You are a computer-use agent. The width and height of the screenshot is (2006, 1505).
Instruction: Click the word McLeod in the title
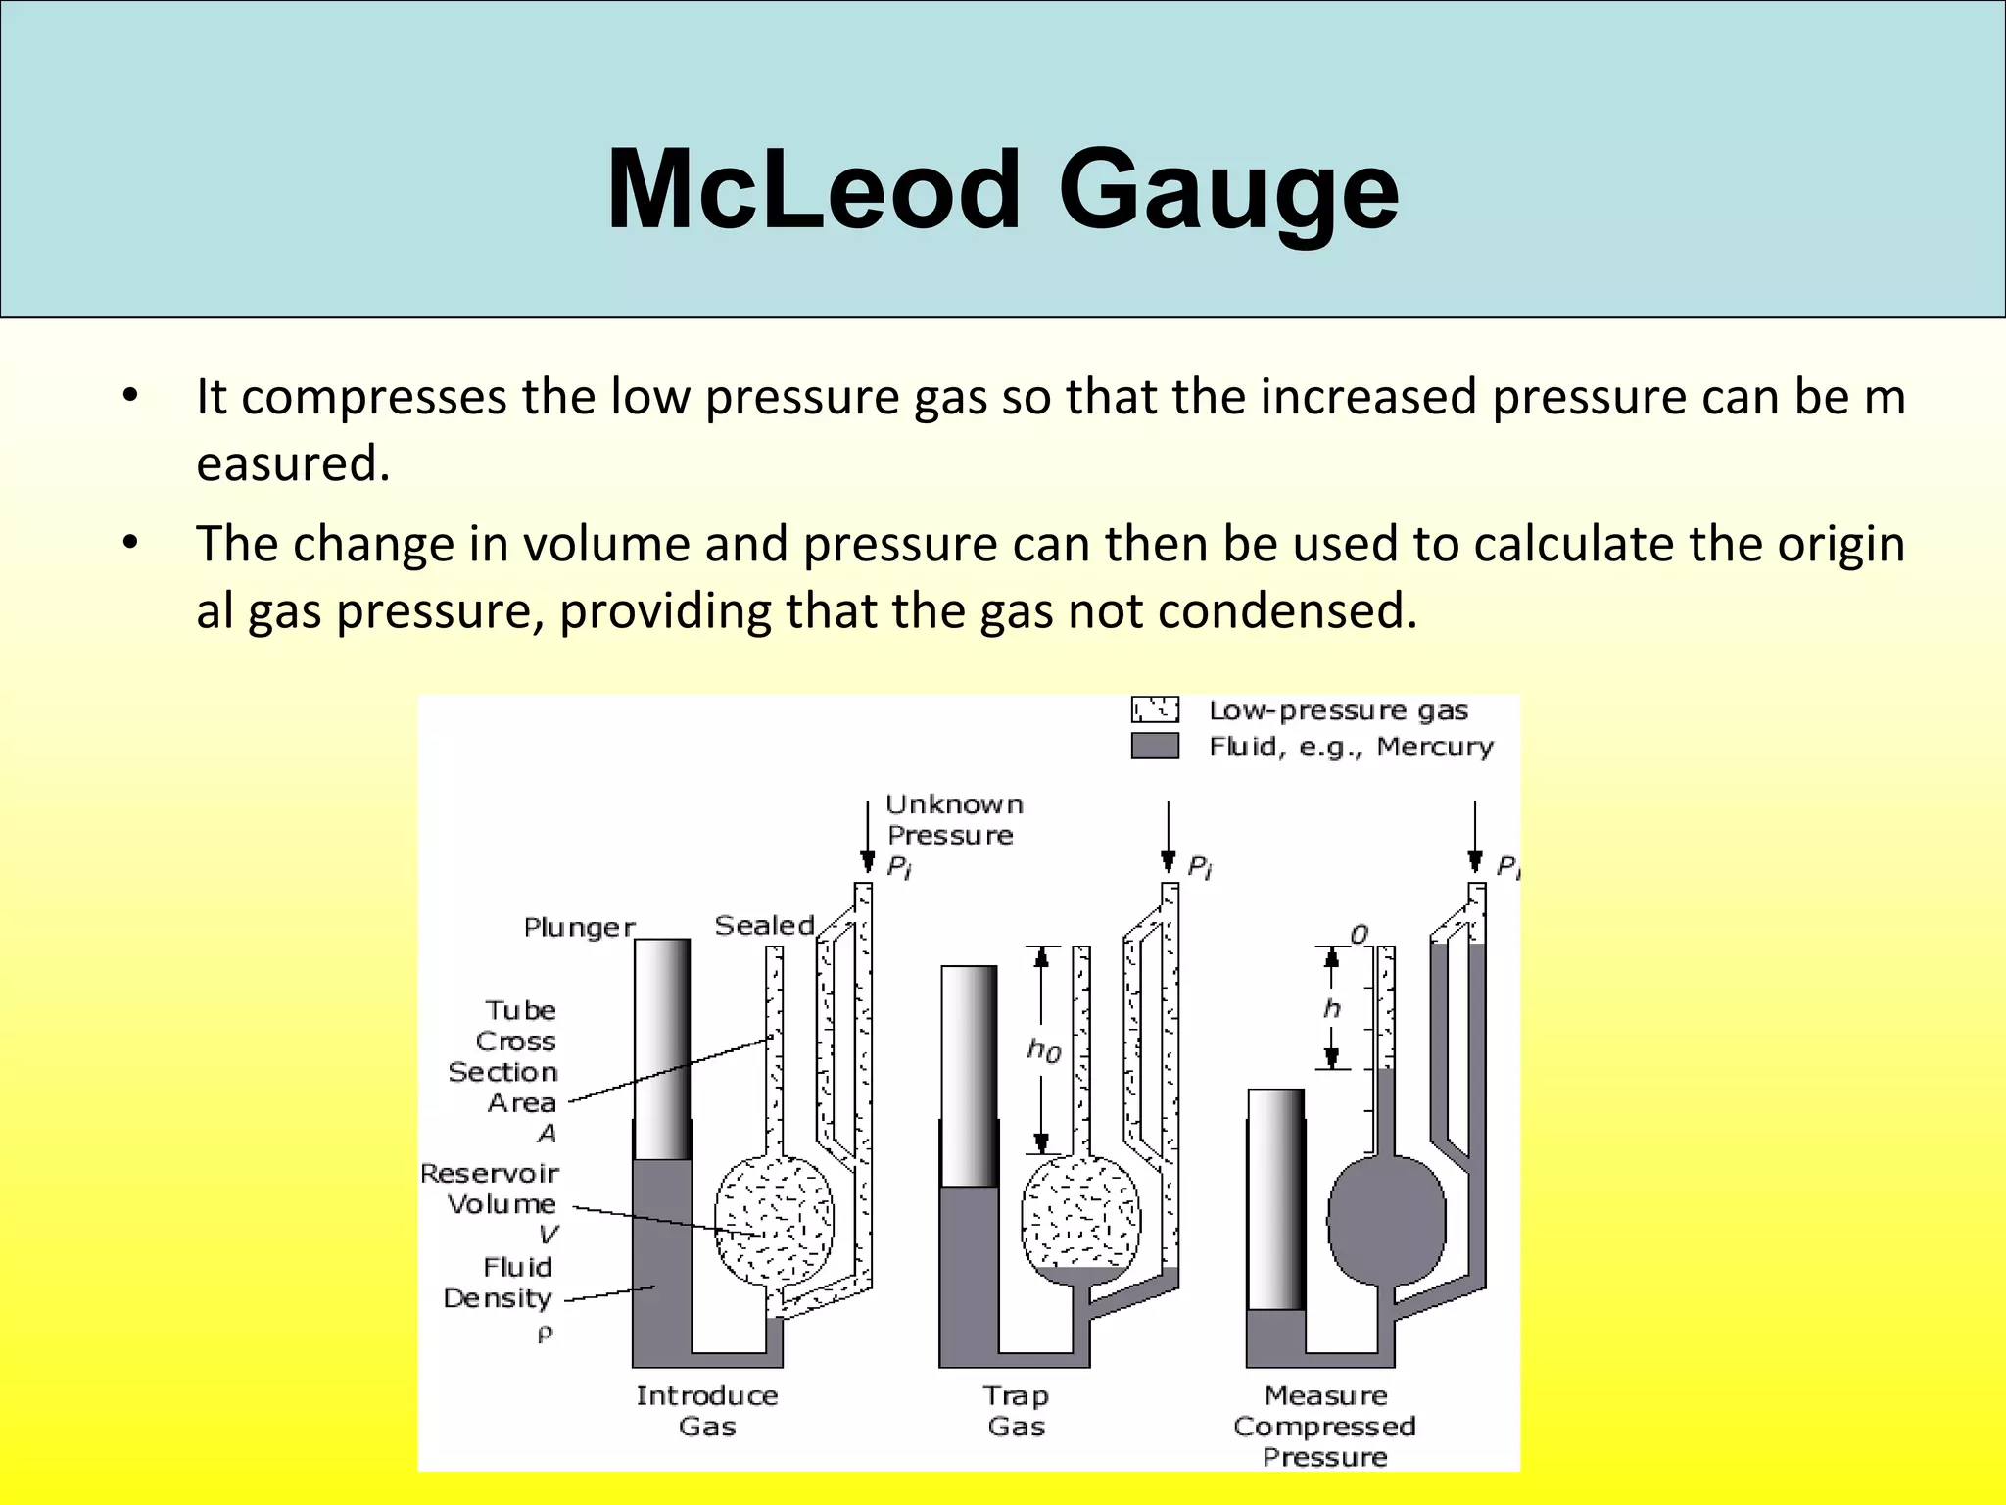click(x=813, y=190)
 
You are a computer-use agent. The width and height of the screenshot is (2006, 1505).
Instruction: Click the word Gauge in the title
click(x=1228, y=190)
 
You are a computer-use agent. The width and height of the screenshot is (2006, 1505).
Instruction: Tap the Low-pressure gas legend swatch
click(x=1155, y=709)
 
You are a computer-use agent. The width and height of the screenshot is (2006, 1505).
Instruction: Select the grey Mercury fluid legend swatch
click(x=1155, y=747)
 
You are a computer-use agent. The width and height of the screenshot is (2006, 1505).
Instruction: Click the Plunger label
click(x=579, y=927)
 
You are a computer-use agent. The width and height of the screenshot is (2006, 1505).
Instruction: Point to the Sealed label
click(x=764, y=925)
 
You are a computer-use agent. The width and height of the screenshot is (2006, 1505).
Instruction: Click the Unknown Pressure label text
click(x=952, y=820)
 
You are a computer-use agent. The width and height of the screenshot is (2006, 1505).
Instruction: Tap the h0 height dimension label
click(x=1044, y=1051)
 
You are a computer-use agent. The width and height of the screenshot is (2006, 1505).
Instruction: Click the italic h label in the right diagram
click(x=1332, y=1008)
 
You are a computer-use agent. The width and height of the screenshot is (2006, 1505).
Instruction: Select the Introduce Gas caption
click(x=707, y=1411)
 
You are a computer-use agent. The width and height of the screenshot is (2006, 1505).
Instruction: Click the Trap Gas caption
click(x=1016, y=1411)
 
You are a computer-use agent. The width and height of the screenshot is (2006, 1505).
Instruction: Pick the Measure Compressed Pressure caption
click(x=1325, y=1426)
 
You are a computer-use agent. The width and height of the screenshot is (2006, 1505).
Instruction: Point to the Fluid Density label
click(x=500, y=1283)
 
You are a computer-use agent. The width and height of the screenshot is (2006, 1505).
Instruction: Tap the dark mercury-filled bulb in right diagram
click(x=1386, y=1220)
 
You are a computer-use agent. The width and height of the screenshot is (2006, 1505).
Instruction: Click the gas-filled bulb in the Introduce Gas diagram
click(x=774, y=1221)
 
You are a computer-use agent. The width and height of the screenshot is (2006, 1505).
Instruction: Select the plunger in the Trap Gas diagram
click(x=969, y=1076)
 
